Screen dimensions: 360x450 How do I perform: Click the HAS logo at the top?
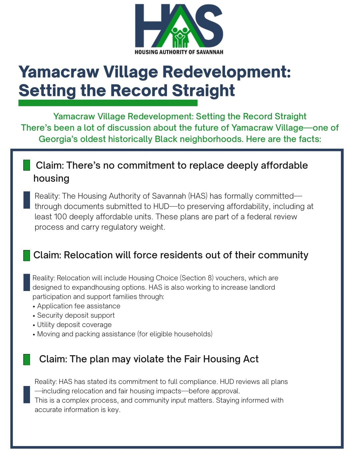point(179,29)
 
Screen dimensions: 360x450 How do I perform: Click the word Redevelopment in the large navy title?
point(227,72)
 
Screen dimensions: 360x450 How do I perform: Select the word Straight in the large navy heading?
point(203,91)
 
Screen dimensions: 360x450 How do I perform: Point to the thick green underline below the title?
point(108,103)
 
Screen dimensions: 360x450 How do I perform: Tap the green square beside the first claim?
point(27,165)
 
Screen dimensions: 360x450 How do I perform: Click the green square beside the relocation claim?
point(27,255)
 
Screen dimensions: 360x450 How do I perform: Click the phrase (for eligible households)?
point(175,334)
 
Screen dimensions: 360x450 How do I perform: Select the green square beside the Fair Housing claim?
point(27,359)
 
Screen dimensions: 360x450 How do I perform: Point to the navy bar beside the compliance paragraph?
point(27,395)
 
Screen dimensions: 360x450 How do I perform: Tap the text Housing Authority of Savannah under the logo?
point(179,52)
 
